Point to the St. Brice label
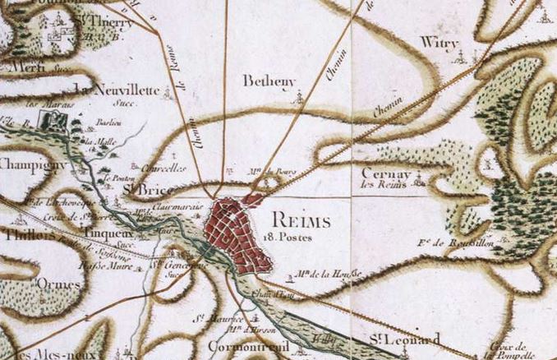(x=141, y=190)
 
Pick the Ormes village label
(x=59, y=284)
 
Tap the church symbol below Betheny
(x=300, y=97)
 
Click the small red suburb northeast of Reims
(x=254, y=199)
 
